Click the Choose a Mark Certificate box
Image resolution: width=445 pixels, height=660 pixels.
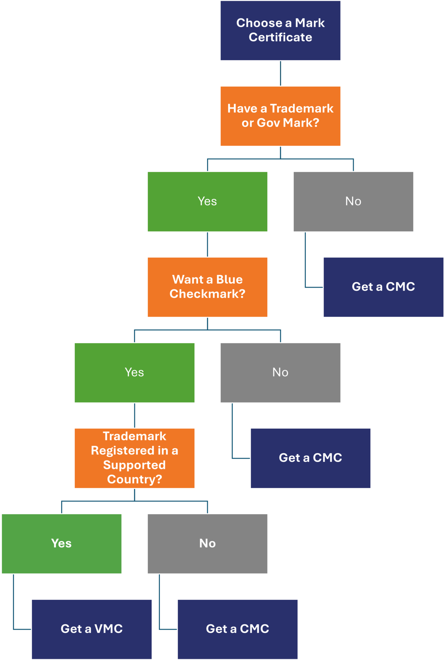pyautogui.click(x=280, y=30)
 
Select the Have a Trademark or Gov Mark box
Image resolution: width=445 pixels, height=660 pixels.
pyautogui.click(x=280, y=116)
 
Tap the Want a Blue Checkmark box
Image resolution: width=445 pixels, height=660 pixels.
pyautogui.click(x=207, y=287)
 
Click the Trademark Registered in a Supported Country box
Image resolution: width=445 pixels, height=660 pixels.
pyautogui.click(x=134, y=458)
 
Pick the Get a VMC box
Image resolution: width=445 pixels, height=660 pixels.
pyautogui.click(x=92, y=629)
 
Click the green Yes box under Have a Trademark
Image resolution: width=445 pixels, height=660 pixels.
pyautogui.click(x=207, y=201)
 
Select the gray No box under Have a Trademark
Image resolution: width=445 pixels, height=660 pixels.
pyautogui.click(x=353, y=201)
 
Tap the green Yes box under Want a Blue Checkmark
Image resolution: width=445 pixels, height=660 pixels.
pyautogui.click(x=134, y=373)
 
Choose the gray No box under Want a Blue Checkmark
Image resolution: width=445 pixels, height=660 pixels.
pyautogui.click(x=280, y=373)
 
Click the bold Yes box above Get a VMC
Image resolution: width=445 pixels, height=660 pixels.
pyautogui.click(x=62, y=544)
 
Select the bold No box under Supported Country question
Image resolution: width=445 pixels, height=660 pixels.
pyautogui.click(x=207, y=544)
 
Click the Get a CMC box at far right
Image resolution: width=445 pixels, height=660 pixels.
pyautogui.click(x=383, y=287)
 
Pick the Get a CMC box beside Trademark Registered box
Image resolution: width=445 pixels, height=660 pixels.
pyautogui.click(x=311, y=458)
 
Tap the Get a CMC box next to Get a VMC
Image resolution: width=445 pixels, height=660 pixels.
pyautogui.click(x=237, y=629)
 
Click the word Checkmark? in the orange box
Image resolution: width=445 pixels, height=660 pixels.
pyautogui.click(x=207, y=294)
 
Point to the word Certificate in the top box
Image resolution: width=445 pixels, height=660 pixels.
pyautogui.click(x=280, y=37)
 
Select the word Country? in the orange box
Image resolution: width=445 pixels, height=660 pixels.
pyautogui.click(x=134, y=479)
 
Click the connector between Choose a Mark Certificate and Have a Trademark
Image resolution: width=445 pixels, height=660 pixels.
pyautogui.click(x=280, y=73)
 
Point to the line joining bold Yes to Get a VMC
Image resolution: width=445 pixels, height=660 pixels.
pyautogui.click(x=14, y=603)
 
